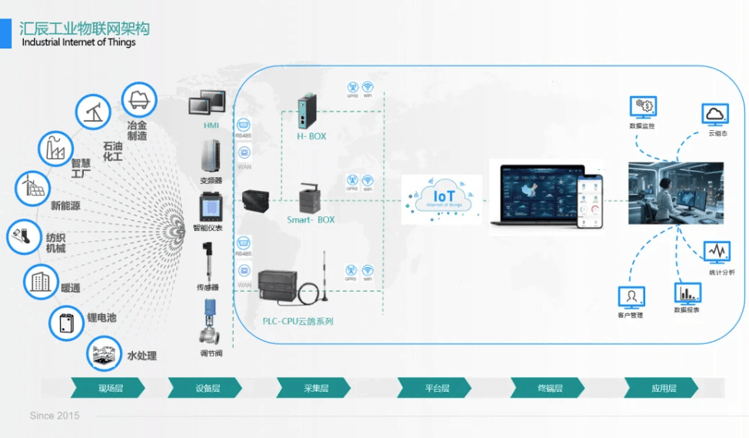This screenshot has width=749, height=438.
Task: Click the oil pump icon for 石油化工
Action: click(x=93, y=112)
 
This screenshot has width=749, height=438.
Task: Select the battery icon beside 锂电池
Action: click(x=67, y=323)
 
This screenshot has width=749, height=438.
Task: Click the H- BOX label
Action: click(x=311, y=136)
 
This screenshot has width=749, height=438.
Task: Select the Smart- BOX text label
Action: click(x=311, y=219)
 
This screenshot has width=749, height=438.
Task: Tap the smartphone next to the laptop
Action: click(x=590, y=200)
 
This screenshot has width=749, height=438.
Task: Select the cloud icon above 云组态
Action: click(x=715, y=115)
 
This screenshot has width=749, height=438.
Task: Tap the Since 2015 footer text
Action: click(x=55, y=416)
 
